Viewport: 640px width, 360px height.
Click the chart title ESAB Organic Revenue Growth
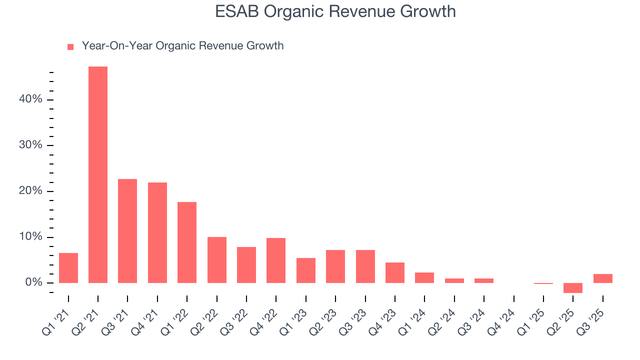pyautogui.click(x=335, y=11)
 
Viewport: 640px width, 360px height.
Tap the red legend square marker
pyautogui.click(x=70, y=46)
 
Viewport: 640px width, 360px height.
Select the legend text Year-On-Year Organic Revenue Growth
pyautogui.click(x=182, y=46)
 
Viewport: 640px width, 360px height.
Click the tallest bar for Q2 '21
pyautogui.click(x=98, y=174)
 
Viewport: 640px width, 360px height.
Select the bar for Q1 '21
pyautogui.click(x=68, y=268)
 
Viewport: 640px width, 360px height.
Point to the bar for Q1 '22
pyautogui.click(x=187, y=242)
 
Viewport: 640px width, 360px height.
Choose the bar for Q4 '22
pyautogui.click(x=276, y=260)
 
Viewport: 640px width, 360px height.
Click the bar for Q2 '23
pyautogui.click(x=335, y=266)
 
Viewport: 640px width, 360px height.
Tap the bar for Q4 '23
pyautogui.click(x=395, y=272)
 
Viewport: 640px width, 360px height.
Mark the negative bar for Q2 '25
pyautogui.click(x=573, y=288)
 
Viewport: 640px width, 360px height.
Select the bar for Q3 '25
pyautogui.click(x=602, y=278)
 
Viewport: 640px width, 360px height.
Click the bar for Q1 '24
pyautogui.click(x=424, y=277)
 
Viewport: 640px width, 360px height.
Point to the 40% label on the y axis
pyautogui.click(x=31, y=99)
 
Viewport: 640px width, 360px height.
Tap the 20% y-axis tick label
pyautogui.click(x=31, y=191)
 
